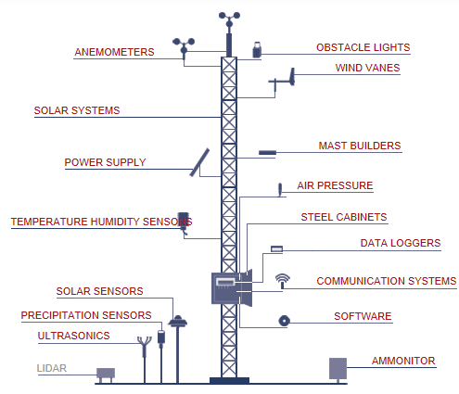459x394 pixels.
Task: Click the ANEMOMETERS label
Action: (114, 52)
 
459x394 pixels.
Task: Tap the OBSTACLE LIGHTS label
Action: (363, 47)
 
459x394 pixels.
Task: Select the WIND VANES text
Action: (368, 69)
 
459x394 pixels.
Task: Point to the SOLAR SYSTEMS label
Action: (77, 110)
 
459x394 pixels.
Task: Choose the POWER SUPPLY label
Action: (105, 162)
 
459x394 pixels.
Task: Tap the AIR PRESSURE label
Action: (335, 185)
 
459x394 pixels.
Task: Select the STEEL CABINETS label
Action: (343, 217)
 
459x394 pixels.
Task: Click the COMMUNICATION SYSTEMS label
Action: (386, 280)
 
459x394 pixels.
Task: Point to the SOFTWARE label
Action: (363, 316)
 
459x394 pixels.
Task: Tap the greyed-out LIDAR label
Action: (52, 368)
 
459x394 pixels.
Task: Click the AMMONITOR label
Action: (403, 360)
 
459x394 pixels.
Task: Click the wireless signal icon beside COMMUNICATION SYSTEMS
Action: (282, 280)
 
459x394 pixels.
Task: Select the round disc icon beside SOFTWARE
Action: (284, 321)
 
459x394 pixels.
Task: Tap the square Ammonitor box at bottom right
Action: (338, 368)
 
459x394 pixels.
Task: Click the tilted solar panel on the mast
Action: (200, 160)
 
